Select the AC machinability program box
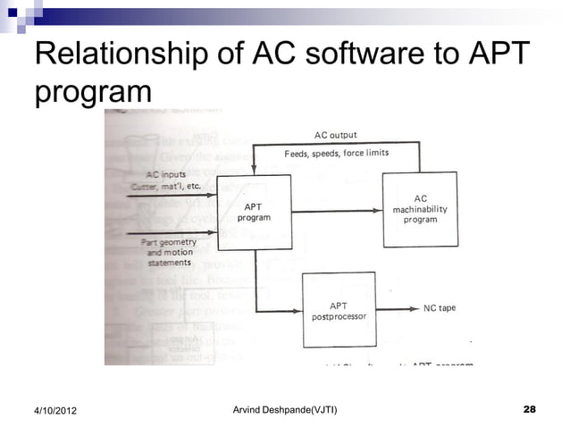420,209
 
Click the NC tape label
439,308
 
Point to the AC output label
336,135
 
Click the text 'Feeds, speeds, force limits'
336,153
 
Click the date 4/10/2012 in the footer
50,410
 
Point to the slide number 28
529,409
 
